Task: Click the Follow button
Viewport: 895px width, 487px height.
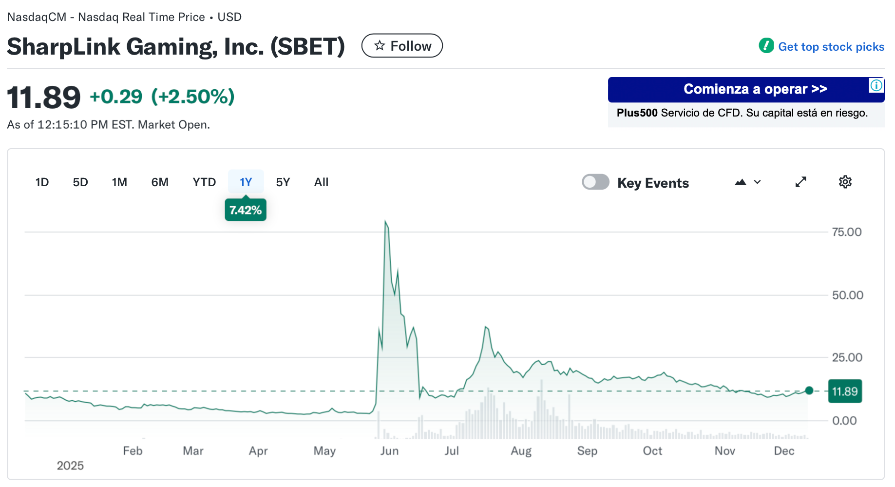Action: (x=402, y=46)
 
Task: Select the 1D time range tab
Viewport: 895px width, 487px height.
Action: (x=42, y=182)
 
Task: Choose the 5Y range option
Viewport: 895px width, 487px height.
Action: (x=283, y=182)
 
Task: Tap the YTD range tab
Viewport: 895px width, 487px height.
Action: (x=204, y=182)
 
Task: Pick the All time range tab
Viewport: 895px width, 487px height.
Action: (x=321, y=182)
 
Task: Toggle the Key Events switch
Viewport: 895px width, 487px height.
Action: (x=595, y=182)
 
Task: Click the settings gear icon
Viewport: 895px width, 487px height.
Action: (x=845, y=182)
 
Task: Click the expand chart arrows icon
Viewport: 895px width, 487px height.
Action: (x=800, y=182)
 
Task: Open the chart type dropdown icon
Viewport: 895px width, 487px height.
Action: (x=747, y=182)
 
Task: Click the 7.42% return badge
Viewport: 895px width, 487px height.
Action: (x=246, y=210)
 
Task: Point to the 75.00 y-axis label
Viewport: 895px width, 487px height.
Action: (x=846, y=232)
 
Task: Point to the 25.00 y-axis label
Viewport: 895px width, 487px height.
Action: (x=847, y=358)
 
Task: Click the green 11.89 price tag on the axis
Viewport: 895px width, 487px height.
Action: (x=844, y=391)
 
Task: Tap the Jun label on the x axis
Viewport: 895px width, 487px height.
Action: (x=389, y=451)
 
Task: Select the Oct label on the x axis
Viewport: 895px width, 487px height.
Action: (x=652, y=451)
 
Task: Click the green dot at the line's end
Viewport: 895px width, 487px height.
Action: (x=809, y=390)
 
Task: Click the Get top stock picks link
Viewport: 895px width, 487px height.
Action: (x=831, y=47)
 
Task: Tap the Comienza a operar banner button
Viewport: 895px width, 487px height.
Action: (x=755, y=89)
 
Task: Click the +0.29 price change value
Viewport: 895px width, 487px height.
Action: (x=116, y=97)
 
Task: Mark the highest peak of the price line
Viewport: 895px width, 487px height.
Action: (x=385, y=222)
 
